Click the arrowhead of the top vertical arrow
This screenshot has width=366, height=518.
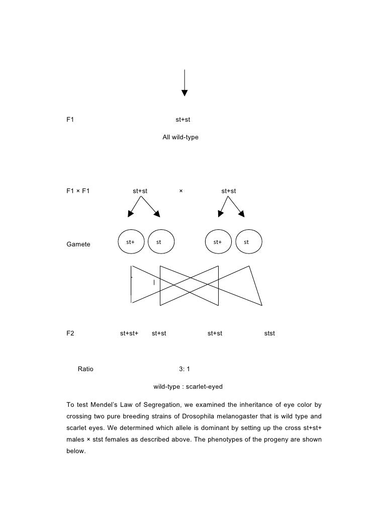click(x=185, y=93)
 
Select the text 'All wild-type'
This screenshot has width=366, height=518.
click(x=180, y=137)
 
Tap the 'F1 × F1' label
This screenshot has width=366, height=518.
click(x=78, y=191)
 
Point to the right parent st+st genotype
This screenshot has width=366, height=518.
click(x=229, y=191)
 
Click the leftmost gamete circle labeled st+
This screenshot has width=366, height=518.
click(x=131, y=242)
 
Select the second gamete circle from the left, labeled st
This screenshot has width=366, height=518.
click(x=159, y=242)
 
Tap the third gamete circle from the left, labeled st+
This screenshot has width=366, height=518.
click(x=218, y=242)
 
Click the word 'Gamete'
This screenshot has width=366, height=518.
click(x=78, y=244)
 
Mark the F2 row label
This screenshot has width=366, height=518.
click(x=70, y=333)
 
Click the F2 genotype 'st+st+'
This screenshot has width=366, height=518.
click(x=129, y=333)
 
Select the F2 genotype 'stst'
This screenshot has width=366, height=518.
click(x=269, y=333)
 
